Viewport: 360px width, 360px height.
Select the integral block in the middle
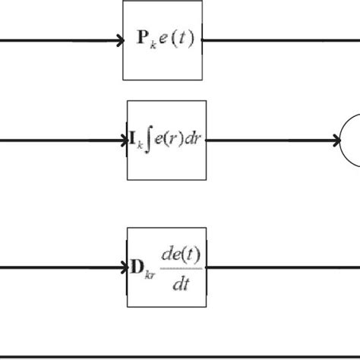coord(165,140)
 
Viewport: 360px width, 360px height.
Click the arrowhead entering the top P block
coord(119,39)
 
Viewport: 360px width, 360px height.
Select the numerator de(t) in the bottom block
coord(180,254)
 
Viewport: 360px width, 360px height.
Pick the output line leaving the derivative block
coord(281,267)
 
